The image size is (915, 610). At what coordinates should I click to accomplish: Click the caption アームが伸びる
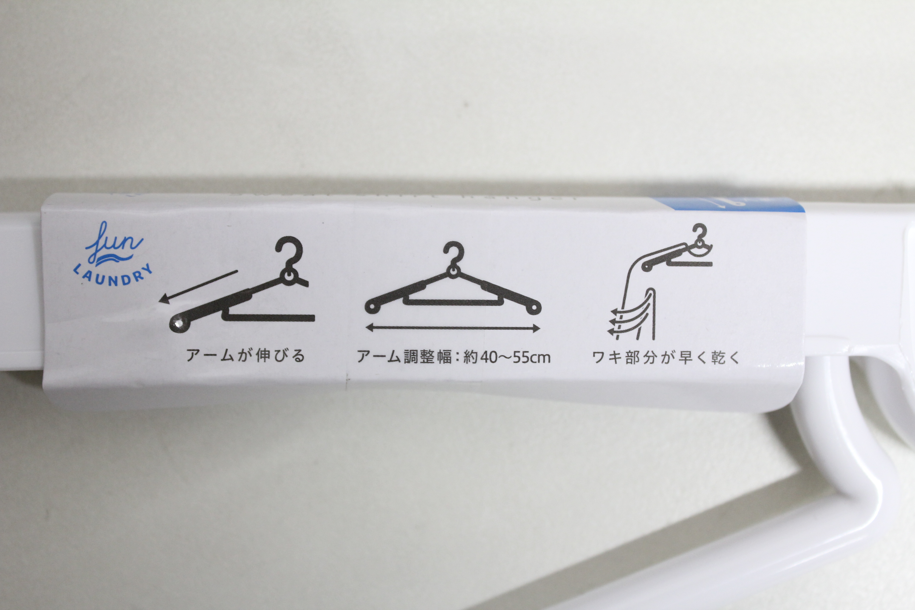tap(245, 355)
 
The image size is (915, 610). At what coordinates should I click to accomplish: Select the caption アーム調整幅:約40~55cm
tap(454, 357)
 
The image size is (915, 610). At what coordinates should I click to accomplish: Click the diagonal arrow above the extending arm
tap(198, 286)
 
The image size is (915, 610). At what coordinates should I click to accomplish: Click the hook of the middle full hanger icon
tap(454, 253)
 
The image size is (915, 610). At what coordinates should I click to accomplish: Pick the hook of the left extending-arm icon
tap(290, 251)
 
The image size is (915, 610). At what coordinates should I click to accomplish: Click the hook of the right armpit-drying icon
tap(699, 233)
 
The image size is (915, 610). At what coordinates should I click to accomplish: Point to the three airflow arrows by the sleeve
tap(622, 321)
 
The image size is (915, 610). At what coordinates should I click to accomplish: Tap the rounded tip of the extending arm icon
tap(179, 323)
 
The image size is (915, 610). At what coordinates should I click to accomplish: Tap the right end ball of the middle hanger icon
tap(535, 307)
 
